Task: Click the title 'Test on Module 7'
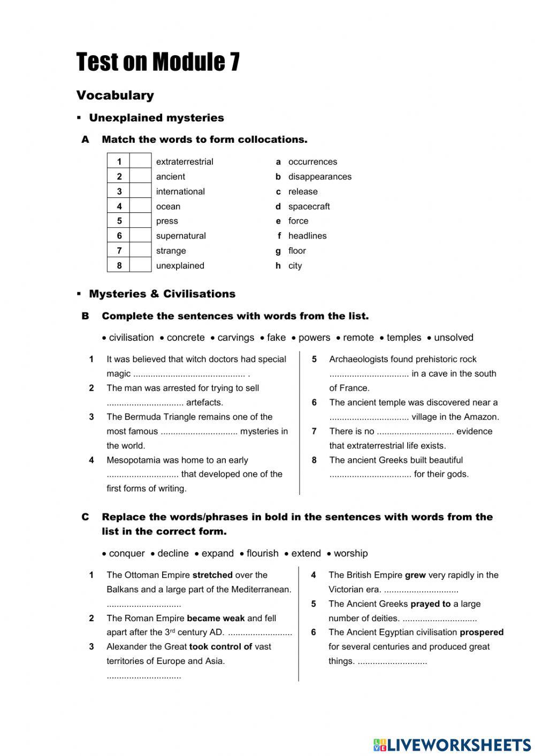click(x=158, y=62)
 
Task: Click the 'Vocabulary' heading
click(x=115, y=95)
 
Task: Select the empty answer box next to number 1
click(x=141, y=162)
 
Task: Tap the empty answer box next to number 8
click(x=141, y=265)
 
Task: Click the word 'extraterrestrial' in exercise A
click(x=185, y=162)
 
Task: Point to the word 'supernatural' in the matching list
click(x=181, y=236)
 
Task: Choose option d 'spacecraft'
click(x=309, y=207)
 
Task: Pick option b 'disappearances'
click(x=319, y=177)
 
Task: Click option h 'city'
click(x=295, y=266)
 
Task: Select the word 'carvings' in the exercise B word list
click(x=235, y=338)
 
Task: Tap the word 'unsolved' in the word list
click(x=453, y=338)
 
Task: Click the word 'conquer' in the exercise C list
click(x=127, y=553)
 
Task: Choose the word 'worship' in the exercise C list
click(x=350, y=553)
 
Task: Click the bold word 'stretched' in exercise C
click(x=212, y=575)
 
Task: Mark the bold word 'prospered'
click(x=481, y=632)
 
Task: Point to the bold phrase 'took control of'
click(x=220, y=647)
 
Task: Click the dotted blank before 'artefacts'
click(x=145, y=403)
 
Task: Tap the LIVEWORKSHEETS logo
click(x=452, y=745)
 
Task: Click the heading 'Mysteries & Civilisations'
click(x=162, y=294)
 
